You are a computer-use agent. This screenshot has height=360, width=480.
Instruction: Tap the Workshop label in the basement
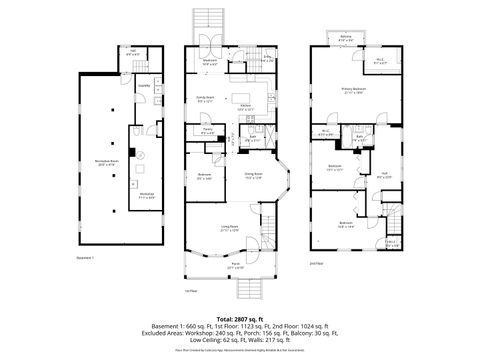[147, 195]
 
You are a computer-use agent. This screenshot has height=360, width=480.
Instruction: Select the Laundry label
[144, 87]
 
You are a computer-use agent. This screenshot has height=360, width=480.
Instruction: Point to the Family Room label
[206, 100]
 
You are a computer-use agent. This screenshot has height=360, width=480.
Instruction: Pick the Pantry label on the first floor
[207, 131]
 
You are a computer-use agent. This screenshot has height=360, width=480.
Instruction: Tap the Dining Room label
[252, 177]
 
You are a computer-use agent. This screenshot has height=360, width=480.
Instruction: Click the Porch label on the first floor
[235, 267]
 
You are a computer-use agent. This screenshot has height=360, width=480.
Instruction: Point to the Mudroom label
[212, 61]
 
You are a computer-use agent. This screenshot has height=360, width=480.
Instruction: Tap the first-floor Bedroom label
[204, 177]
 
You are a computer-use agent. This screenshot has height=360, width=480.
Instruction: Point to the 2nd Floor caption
[316, 264]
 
